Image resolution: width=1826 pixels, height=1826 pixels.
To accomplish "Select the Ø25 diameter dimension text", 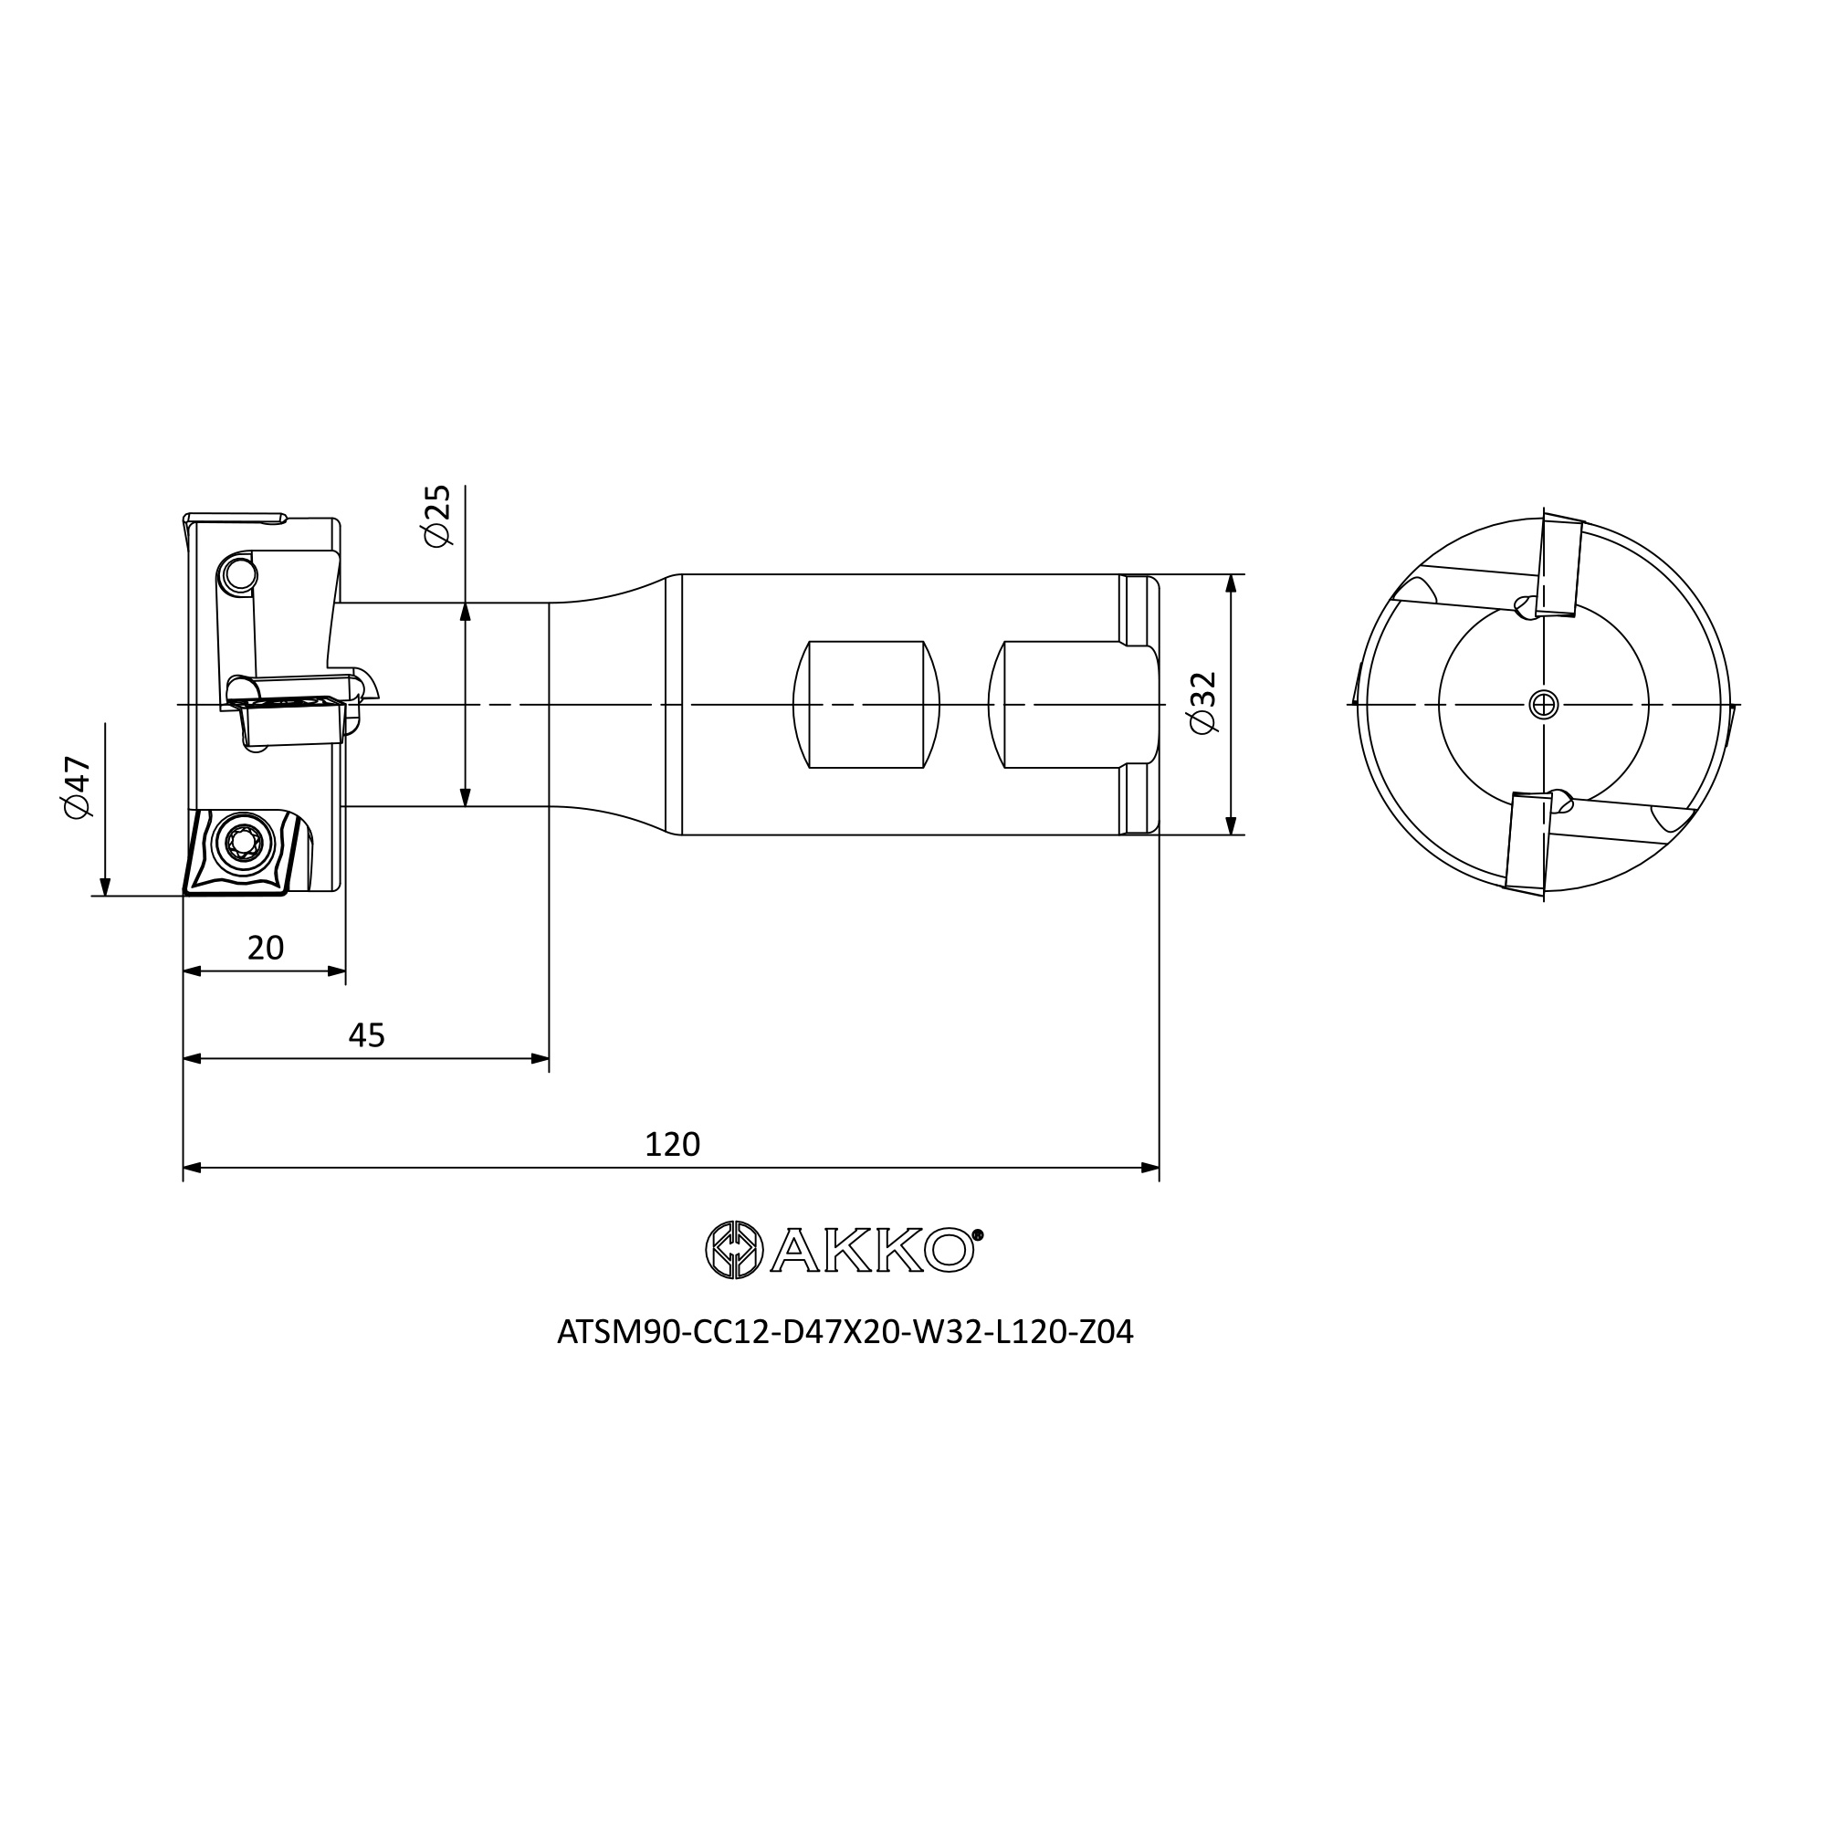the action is pyautogui.click(x=437, y=516).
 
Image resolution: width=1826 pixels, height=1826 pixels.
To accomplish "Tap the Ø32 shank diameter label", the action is pyautogui.click(x=1202, y=703).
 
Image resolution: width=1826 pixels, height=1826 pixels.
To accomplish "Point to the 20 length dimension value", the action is pyautogui.click(x=266, y=948).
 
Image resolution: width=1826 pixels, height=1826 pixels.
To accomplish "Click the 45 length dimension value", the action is pyautogui.click(x=367, y=1036).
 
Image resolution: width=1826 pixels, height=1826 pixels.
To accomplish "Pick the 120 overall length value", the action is pyautogui.click(x=672, y=1145).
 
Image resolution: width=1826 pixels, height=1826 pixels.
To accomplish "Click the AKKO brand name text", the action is pyautogui.click(x=871, y=1250).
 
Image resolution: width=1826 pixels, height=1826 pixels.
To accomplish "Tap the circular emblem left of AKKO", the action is pyautogui.click(x=734, y=1250).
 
